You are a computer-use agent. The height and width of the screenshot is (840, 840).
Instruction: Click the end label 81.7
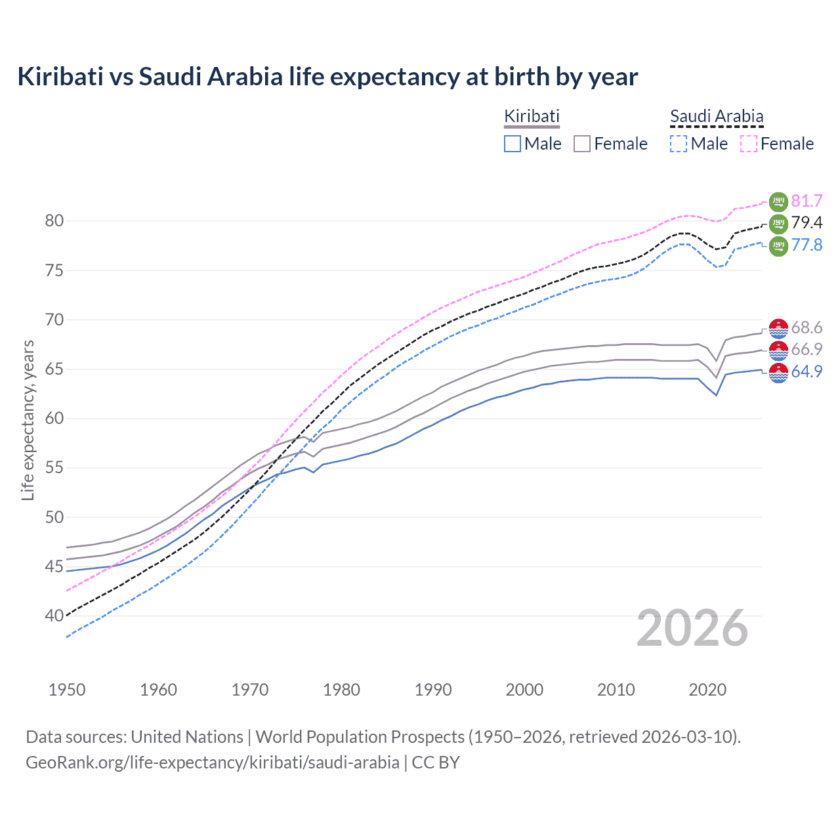tap(807, 201)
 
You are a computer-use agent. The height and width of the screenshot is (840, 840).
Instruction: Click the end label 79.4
tap(807, 223)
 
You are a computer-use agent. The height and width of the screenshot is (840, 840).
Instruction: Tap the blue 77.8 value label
tap(807, 245)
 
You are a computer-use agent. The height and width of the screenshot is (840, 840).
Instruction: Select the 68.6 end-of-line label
tap(807, 327)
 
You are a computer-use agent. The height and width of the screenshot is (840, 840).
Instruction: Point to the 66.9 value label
tap(807, 349)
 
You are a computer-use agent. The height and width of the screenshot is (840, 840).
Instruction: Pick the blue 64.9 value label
tap(807, 371)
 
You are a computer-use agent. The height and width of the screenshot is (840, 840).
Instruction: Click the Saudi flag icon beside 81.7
tap(778, 201)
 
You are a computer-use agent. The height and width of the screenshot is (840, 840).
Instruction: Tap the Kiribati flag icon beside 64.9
tap(778, 372)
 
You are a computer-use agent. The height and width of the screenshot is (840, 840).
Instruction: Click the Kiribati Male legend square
tap(513, 144)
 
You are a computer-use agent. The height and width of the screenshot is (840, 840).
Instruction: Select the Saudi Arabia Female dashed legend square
tap(749, 144)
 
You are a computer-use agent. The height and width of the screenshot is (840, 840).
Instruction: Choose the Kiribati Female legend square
tap(582, 144)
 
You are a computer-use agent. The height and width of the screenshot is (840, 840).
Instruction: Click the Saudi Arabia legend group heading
tap(717, 117)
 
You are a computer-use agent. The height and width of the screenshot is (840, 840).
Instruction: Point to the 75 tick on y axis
tap(54, 270)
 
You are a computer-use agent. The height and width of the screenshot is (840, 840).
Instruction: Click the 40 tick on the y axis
tap(54, 616)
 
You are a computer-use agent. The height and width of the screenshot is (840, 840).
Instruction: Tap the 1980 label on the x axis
tap(341, 690)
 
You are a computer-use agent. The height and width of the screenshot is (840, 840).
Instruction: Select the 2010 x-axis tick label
tap(616, 690)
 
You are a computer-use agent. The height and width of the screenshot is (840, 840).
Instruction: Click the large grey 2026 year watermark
tap(692, 629)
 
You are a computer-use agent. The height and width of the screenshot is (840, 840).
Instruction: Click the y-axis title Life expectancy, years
tap(28, 420)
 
